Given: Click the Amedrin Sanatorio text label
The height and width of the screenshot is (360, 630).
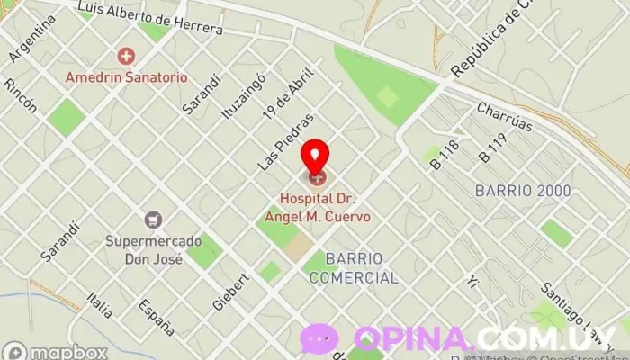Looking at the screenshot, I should [x=126, y=77].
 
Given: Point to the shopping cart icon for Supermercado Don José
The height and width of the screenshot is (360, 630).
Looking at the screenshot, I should [x=153, y=219].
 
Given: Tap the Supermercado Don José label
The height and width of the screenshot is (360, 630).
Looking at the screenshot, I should [x=144, y=250].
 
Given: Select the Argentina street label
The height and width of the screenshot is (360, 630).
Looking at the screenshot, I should [x=28, y=40].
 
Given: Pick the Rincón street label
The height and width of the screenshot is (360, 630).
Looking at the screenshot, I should [x=20, y=95].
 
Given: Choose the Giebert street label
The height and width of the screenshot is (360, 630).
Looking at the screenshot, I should [x=231, y=289].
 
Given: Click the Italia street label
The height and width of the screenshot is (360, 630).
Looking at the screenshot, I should [x=100, y=304].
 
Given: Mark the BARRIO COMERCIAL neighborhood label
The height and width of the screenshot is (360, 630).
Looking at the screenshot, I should [x=353, y=268].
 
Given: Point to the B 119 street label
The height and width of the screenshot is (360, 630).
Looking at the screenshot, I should [x=494, y=148].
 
